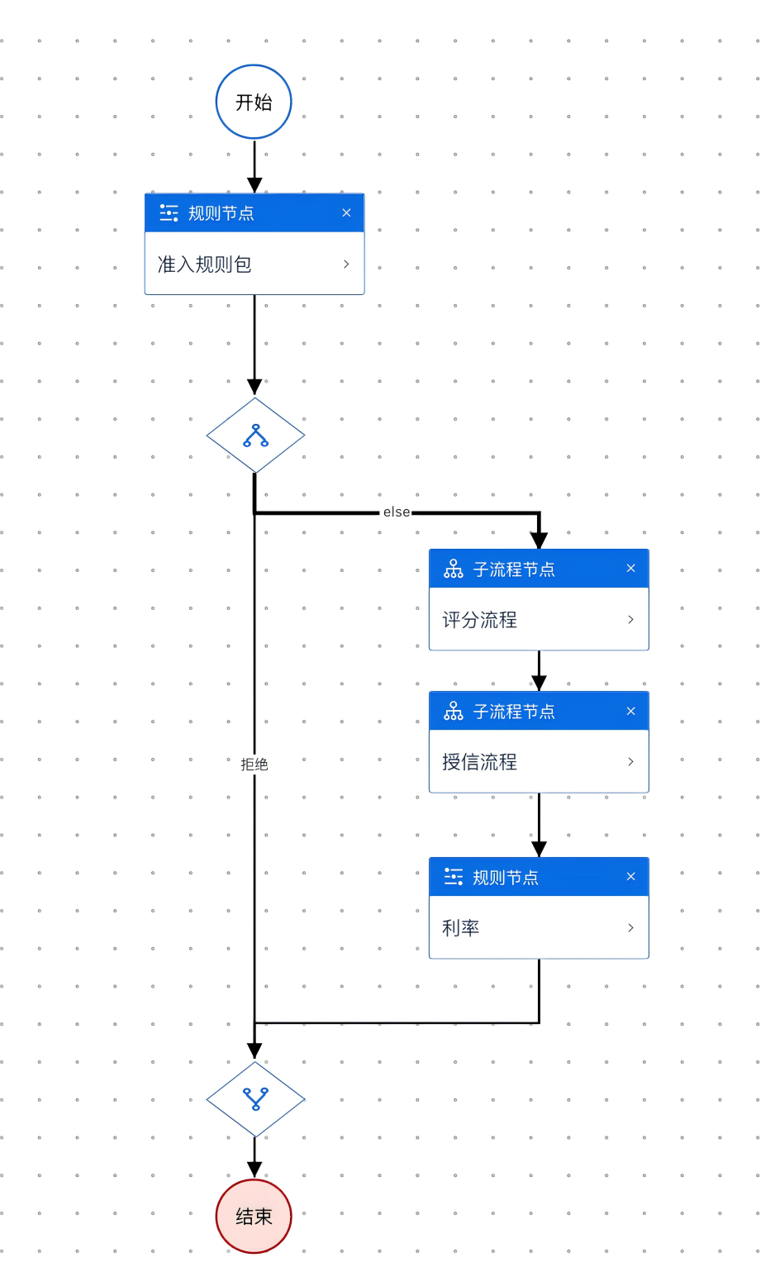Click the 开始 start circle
[x=254, y=102]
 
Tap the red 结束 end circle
[x=254, y=1216]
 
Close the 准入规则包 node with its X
[x=346, y=212]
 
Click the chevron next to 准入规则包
[x=346, y=264]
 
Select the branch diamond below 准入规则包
[x=255, y=436]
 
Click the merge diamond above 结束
[x=255, y=1098]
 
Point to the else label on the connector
[x=396, y=512]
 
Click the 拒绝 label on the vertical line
[x=254, y=764]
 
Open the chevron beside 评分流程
[x=630, y=619]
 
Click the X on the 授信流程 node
[x=630, y=711]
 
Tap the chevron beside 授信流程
[x=630, y=761]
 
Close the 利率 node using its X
[x=630, y=876]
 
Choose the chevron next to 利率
[x=630, y=927]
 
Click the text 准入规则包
[x=205, y=264]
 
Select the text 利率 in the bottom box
[x=460, y=928]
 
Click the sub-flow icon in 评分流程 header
[x=454, y=569]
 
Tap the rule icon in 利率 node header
[x=454, y=876]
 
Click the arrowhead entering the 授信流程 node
[x=539, y=683]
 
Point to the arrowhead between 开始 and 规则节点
[x=254, y=185]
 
